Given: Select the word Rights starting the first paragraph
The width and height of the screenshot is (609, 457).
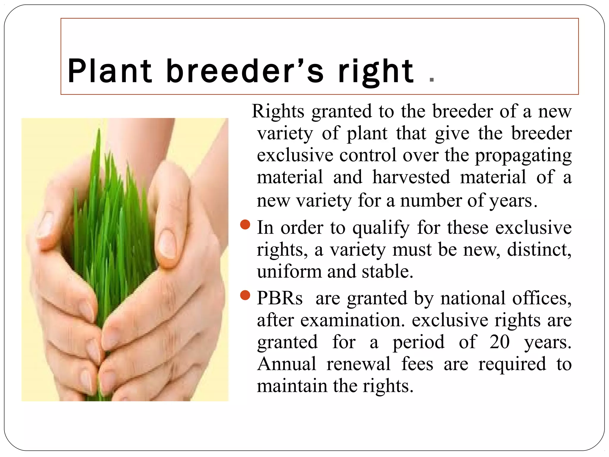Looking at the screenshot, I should (278, 111).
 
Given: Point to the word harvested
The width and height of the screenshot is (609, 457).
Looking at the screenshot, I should (411, 177).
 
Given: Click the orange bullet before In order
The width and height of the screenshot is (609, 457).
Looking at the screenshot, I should (245, 225).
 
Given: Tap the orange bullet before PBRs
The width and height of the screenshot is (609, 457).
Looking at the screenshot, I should (245, 295).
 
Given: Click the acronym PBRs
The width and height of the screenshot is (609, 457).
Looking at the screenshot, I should (280, 298).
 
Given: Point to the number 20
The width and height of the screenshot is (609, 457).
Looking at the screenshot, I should (499, 342).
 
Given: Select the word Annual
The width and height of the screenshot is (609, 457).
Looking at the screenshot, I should (286, 364).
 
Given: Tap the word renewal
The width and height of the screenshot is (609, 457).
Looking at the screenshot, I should (358, 364).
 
